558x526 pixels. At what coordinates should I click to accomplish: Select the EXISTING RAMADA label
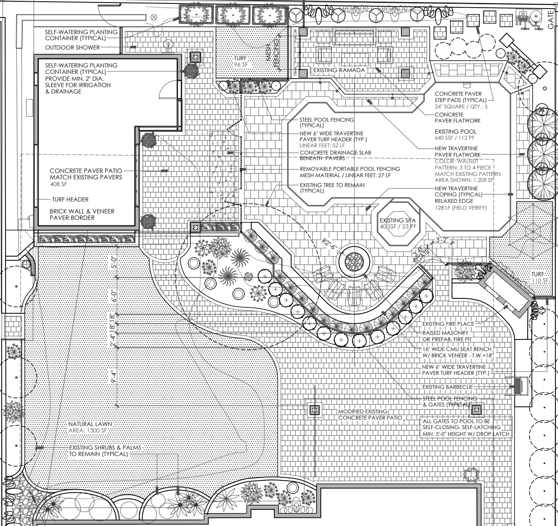point(339,70)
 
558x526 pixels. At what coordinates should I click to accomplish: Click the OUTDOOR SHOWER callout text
point(72,47)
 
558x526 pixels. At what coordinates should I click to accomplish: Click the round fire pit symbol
point(354,262)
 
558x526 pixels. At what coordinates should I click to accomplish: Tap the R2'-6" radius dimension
point(329,244)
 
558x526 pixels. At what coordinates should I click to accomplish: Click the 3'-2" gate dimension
point(441,240)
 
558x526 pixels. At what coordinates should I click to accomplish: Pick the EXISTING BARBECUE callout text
point(448,387)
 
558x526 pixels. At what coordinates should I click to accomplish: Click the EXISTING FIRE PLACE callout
point(448,324)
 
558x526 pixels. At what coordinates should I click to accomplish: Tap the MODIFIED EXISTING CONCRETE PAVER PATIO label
point(370,415)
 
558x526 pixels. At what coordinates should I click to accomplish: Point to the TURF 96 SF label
point(241,61)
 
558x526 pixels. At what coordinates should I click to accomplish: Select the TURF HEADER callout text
point(70,199)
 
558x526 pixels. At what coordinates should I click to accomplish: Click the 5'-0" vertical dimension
point(113,262)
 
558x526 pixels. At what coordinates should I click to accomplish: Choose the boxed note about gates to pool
point(466,427)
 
